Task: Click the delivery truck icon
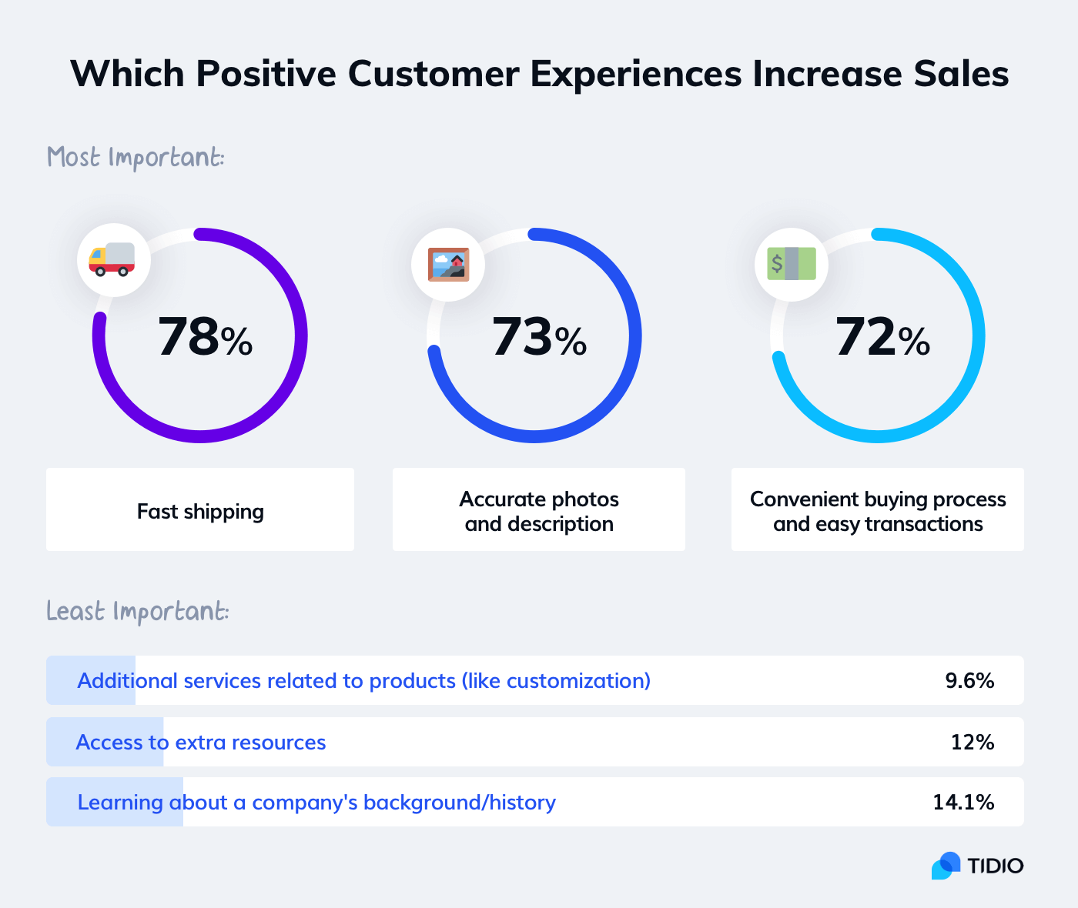112,260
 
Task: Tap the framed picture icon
448,265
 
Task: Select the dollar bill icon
792,264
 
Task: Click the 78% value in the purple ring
205,338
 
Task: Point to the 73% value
539,338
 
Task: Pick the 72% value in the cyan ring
882,338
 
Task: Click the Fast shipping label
200,512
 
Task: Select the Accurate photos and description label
539,512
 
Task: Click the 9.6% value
969,681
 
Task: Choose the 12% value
972,743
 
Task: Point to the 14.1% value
963,803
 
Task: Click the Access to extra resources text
201,743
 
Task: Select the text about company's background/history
316,803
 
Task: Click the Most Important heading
136,158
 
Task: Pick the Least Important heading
137,612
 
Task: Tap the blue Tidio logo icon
946,866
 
